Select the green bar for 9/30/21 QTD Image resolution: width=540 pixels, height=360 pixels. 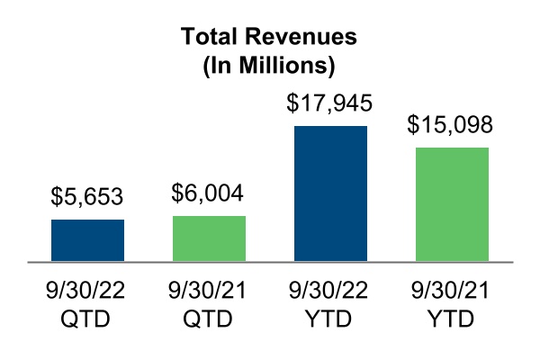click(x=209, y=238)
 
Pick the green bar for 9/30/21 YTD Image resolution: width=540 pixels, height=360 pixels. click(x=452, y=204)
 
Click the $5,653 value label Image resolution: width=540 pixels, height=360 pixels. click(x=87, y=196)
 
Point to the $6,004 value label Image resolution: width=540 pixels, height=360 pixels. click(x=209, y=193)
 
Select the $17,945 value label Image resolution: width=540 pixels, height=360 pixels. click(x=330, y=103)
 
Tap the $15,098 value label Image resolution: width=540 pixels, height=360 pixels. click(x=452, y=124)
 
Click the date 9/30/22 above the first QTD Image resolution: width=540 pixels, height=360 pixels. click(x=87, y=293)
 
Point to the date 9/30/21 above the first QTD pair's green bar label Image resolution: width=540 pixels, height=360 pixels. click(x=209, y=293)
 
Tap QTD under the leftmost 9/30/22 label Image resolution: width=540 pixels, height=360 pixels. click(x=87, y=320)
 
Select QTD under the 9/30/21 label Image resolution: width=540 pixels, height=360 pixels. click(x=209, y=320)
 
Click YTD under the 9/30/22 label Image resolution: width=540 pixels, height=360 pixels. click(x=330, y=320)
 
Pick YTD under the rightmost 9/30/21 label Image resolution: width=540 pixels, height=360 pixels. click(x=452, y=320)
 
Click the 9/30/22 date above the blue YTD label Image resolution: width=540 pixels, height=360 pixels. click(x=330, y=293)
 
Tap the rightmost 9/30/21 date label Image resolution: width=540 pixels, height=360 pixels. click(x=452, y=293)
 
